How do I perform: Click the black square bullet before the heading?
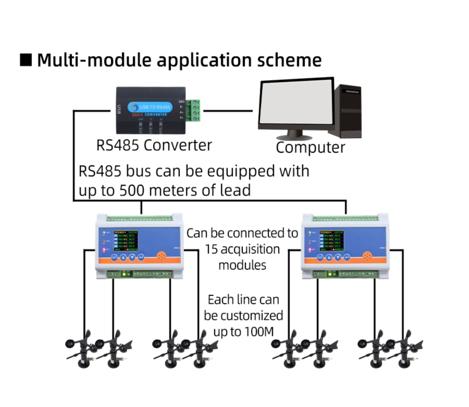point(26,59)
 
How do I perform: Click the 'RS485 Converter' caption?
point(154,145)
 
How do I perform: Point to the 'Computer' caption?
point(310,148)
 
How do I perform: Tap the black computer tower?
point(348,111)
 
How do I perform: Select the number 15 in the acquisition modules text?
point(213,249)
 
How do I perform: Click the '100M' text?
point(262,331)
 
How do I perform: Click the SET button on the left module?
point(114,257)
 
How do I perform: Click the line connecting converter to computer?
point(229,111)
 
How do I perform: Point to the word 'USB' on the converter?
point(119,110)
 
